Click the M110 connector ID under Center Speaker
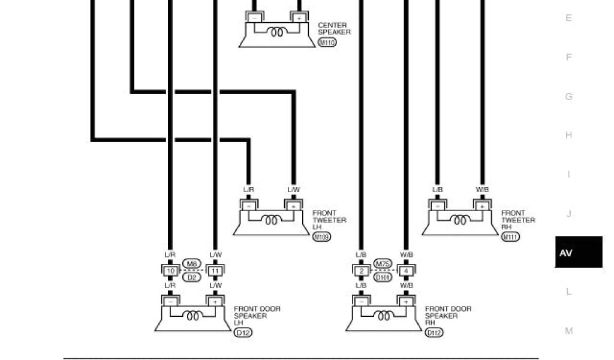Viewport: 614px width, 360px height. [x=327, y=43]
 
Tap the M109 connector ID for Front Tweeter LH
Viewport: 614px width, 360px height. [x=321, y=237]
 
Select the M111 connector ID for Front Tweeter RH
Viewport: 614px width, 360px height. [x=510, y=237]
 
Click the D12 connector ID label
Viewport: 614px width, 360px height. [x=243, y=332]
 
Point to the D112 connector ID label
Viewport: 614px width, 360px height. [x=434, y=332]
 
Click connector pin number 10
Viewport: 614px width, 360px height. [x=170, y=271]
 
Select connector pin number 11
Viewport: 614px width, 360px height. [x=215, y=271]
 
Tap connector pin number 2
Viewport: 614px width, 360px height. [x=362, y=271]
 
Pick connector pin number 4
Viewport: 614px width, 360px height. [x=406, y=271]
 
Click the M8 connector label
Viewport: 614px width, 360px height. [x=192, y=264]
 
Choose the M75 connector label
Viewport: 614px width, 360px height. [x=383, y=264]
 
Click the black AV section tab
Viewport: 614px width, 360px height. [x=578, y=252]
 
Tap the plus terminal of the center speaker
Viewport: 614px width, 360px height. [x=299, y=19]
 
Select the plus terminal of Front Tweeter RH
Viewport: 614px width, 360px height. [x=482, y=206]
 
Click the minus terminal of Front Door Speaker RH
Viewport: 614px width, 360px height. [x=362, y=301]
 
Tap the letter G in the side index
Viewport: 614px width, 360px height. [x=568, y=96]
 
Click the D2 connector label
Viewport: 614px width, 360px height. [x=192, y=278]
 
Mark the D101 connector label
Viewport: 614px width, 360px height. [x=383, y=278]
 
